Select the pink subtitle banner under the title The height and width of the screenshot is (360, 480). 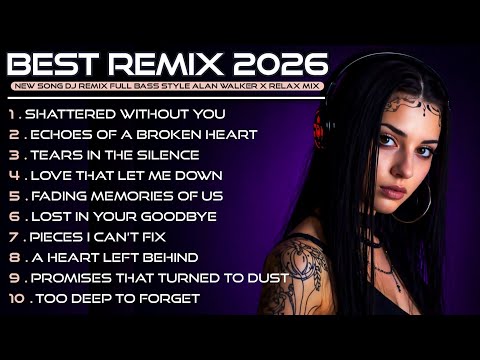pos(167,87)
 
